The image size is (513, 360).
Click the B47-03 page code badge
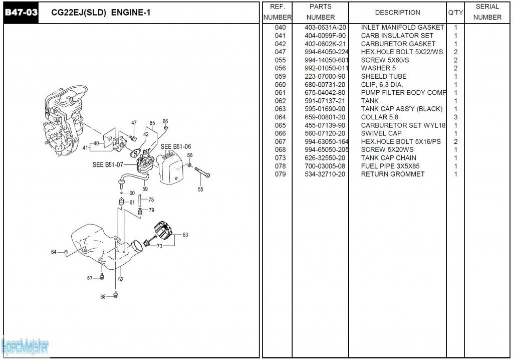(x=21, y=13)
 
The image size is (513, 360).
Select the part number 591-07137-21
(x=325, y=101)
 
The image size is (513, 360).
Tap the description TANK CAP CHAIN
(x=388, y=158)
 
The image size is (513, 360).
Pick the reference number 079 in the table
(x=280, y=174)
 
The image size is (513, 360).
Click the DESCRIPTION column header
(x=397, y=13)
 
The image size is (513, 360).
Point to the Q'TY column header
(x=455, y=13)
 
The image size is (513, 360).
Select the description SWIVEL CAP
(x=381, y=133)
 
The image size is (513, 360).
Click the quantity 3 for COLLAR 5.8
(x=455, y=117)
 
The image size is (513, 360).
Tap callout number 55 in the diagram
(x=200, y=190)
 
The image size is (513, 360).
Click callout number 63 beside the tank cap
(x=185, y=235)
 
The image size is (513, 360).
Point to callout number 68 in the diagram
(x=103, y=296)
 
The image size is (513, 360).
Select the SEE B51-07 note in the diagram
(x=108, y=164)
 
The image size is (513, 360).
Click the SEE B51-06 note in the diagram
(x=175, y=147)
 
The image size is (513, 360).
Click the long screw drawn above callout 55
(x=202, y=172)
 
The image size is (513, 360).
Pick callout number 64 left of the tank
(x=54, y=252)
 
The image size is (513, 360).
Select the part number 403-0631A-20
(x=325, y=28)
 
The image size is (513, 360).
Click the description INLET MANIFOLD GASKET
(x=402, y=28)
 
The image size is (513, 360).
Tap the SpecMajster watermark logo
(x=25, y=346)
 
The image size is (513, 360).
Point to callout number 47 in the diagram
(x=134, y=123)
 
